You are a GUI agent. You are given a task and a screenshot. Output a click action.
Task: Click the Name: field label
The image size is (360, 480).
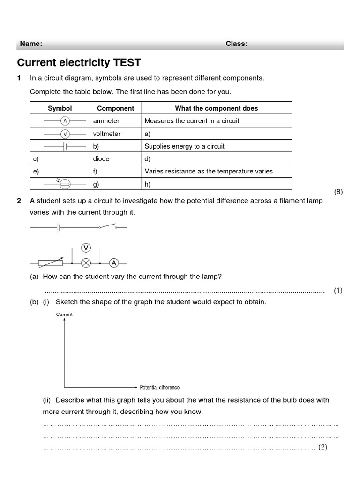31,44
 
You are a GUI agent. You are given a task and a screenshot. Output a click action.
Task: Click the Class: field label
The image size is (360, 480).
237,44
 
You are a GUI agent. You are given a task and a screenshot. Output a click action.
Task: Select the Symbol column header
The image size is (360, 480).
60,108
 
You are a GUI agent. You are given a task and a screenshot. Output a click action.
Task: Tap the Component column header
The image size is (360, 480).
115,108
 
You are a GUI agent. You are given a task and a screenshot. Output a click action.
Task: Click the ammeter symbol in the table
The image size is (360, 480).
65,121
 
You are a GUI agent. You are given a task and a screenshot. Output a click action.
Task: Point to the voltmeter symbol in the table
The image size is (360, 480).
65,134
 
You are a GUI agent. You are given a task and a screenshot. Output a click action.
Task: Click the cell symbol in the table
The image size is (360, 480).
66,147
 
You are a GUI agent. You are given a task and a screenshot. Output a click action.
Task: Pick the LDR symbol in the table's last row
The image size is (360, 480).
66,184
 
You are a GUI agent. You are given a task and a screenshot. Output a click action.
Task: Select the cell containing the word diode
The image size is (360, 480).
101,159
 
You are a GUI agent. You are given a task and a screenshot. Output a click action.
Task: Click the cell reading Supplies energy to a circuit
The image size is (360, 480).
184,146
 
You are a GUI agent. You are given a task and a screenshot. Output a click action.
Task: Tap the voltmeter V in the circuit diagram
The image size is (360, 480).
85,247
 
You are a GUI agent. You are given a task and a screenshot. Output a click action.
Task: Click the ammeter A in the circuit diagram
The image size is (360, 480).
114,262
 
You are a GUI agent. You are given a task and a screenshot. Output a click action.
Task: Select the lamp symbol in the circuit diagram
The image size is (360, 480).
85,262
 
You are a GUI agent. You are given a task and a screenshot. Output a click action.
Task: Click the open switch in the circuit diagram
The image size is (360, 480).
107,228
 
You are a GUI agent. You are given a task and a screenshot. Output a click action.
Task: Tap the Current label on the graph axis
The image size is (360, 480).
64,314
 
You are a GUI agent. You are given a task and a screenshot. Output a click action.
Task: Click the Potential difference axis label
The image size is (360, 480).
159,387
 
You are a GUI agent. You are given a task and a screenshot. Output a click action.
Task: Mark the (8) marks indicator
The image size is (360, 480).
338,192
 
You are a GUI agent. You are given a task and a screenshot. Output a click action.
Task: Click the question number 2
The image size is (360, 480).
19,201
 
